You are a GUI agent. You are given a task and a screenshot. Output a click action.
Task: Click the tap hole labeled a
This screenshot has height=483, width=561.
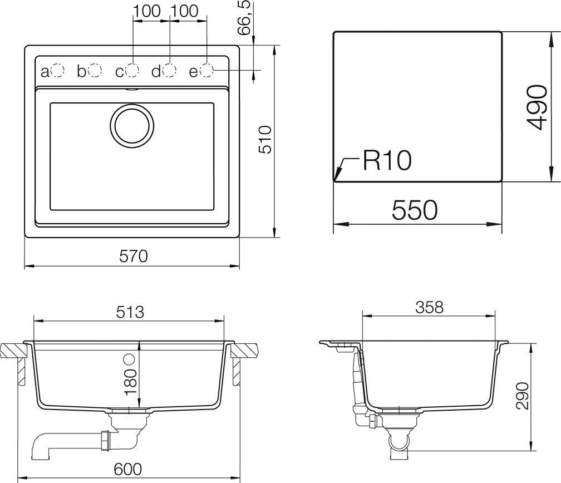click(57, 71)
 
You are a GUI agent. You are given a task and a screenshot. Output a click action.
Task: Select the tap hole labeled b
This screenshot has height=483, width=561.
click(95, 71)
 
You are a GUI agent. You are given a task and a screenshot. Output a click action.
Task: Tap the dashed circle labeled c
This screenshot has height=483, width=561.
click(132, 71)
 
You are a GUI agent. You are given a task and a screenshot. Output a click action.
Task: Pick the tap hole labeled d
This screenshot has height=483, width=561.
click(169, 71)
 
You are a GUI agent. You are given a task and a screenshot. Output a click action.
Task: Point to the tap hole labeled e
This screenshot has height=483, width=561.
click(206, 71)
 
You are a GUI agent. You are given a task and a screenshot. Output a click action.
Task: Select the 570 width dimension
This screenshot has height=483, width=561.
click(134, 256)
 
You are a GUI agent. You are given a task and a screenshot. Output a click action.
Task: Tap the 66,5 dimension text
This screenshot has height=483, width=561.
click(245, 19)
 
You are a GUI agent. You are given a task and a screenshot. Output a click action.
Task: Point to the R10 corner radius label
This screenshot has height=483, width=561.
click(387, 161)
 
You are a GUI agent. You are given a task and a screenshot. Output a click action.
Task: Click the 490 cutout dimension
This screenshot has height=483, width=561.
click(535, 107)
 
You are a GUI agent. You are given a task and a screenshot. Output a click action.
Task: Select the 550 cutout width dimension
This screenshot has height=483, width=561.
click(415, 210)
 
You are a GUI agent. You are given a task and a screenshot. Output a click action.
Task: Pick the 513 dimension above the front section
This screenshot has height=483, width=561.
click(130, 312)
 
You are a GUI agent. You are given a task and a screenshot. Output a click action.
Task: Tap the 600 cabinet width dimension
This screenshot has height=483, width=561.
click(128, 469)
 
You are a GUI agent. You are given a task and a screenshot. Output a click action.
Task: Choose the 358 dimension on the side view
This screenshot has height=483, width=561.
click(429, 307)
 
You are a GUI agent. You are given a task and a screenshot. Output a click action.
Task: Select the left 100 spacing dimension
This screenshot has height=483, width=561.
click(147, 11)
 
